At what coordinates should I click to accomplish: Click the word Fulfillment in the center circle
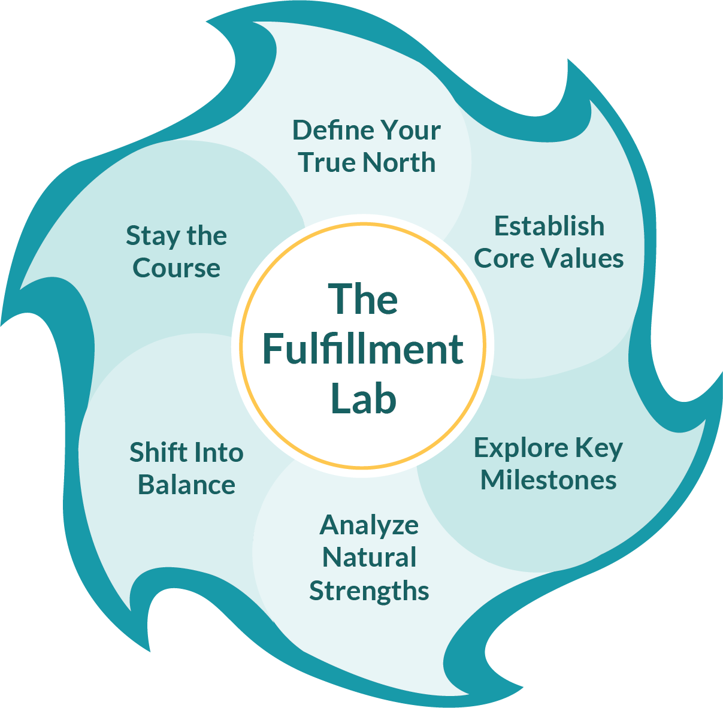point(363,349)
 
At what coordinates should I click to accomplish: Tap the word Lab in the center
point(364,399)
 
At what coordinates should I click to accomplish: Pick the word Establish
point(549,226)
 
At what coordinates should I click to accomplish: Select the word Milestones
point(548,480)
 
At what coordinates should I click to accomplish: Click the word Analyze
point(369,525)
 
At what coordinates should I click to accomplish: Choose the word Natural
point(369,558)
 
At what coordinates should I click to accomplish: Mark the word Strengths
point(369,591)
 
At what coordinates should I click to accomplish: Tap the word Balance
point(186,485)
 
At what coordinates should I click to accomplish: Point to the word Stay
point(152,236)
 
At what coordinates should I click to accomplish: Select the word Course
point(176,268)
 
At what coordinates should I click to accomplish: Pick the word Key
point(599,448)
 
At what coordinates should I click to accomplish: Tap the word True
point(328,162)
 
